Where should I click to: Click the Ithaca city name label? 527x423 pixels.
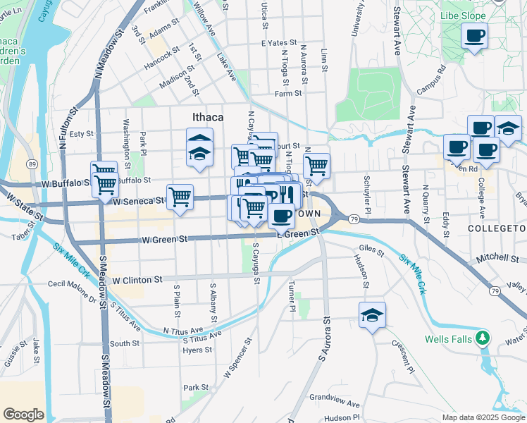209,116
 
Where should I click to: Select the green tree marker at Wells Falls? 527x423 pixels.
482,338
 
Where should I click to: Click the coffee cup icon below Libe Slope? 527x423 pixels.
474,35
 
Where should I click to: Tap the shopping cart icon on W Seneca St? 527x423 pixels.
180,197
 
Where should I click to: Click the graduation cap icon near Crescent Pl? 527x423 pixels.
372,315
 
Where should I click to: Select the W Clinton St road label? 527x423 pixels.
137,280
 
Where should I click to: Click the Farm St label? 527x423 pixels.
288,93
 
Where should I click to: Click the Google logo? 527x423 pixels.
23,415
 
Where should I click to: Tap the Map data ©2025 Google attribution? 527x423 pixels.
483,417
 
